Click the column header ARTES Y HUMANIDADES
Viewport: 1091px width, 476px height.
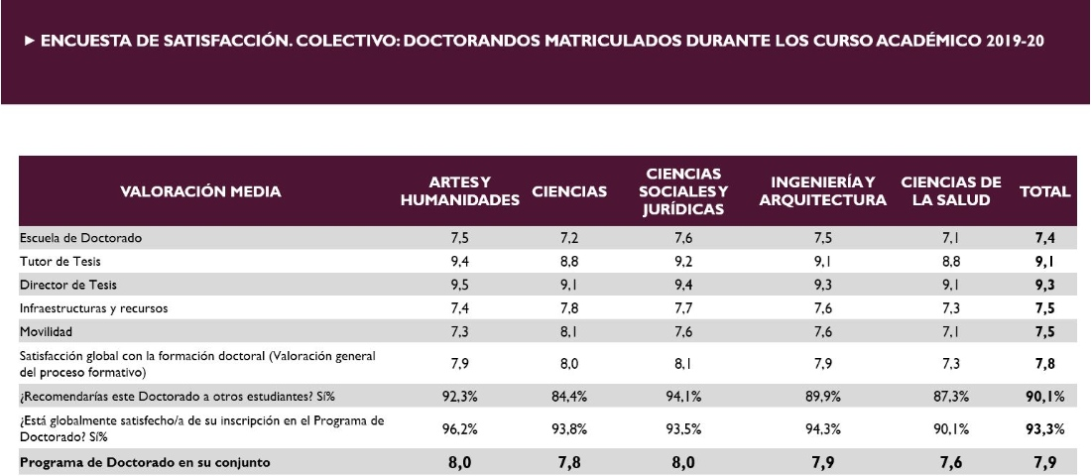(460, 191)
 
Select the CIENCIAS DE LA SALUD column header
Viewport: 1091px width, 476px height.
(950, 191)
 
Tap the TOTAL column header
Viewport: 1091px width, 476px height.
(1045, 191)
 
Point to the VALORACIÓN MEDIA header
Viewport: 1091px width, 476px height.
(200, 191)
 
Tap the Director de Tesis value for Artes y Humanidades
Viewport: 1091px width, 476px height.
(458, 285)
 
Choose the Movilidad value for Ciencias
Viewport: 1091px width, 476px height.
(569, 330)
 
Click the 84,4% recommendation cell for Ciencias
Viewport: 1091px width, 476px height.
(569, 397)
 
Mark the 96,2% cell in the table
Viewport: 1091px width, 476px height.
(458, 429)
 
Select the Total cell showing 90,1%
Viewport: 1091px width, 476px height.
(1045, 397)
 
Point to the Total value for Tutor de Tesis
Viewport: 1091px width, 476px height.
(1045, 261)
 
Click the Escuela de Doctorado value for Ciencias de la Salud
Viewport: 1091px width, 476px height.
(950, 238)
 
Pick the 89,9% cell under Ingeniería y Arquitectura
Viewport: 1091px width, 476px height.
(822, 397)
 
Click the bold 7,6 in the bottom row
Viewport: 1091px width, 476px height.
(950, 461)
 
